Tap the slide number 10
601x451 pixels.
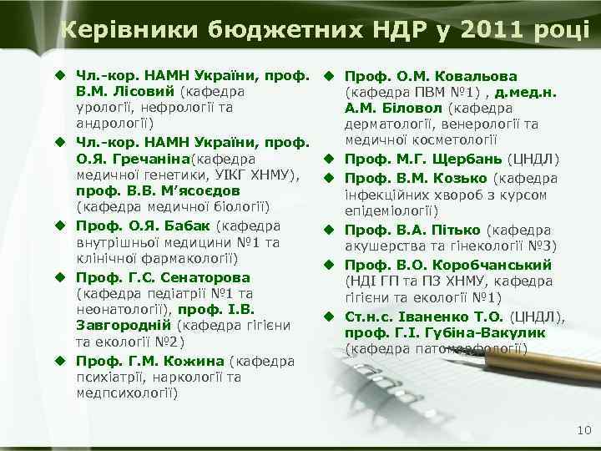pyautogui.click(x=583, y=429)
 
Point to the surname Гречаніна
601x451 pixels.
pyautogui.click(x=153, y=158)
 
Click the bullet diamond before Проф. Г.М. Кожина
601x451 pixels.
pyautogui.click(x=61, y=361)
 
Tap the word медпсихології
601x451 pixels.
pyautogui.click(x=126, y=393)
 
